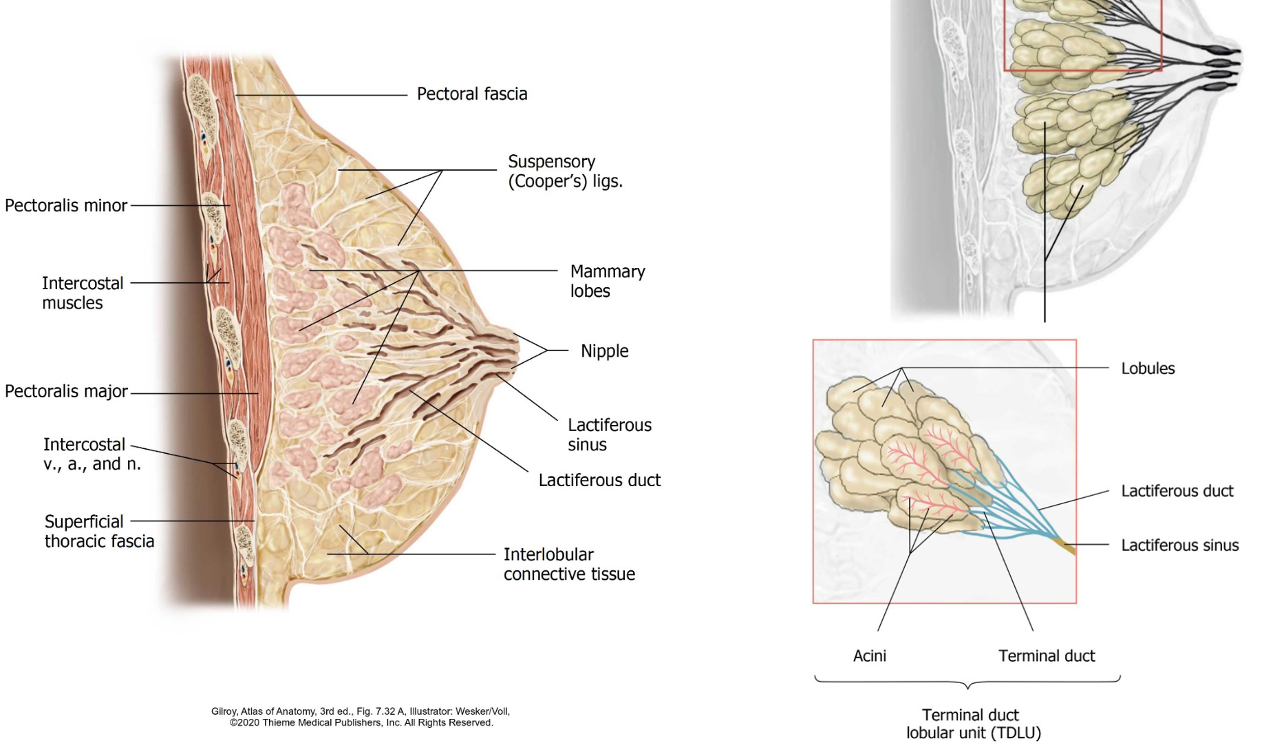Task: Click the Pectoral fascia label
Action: (472, 94)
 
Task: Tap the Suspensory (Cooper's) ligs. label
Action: (565, 171)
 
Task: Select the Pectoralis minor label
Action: (66, 205)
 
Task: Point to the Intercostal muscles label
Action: (83, 293)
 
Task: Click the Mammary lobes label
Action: (608, 281)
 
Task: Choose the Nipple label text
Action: (604, 351)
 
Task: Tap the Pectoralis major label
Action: (66, 391)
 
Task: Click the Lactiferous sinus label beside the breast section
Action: (609, 435)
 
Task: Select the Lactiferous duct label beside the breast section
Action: (599, 480)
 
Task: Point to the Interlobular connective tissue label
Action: (569, 564)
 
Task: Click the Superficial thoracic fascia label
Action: (99, 531)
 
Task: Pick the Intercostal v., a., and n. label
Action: (92, 454)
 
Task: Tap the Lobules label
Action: (1148, 368)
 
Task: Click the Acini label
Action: (870, 656)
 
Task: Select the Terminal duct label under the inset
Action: (1047, 656)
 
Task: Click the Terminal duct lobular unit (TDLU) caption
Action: (972, 724)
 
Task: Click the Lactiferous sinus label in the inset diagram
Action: (1179, 545)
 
